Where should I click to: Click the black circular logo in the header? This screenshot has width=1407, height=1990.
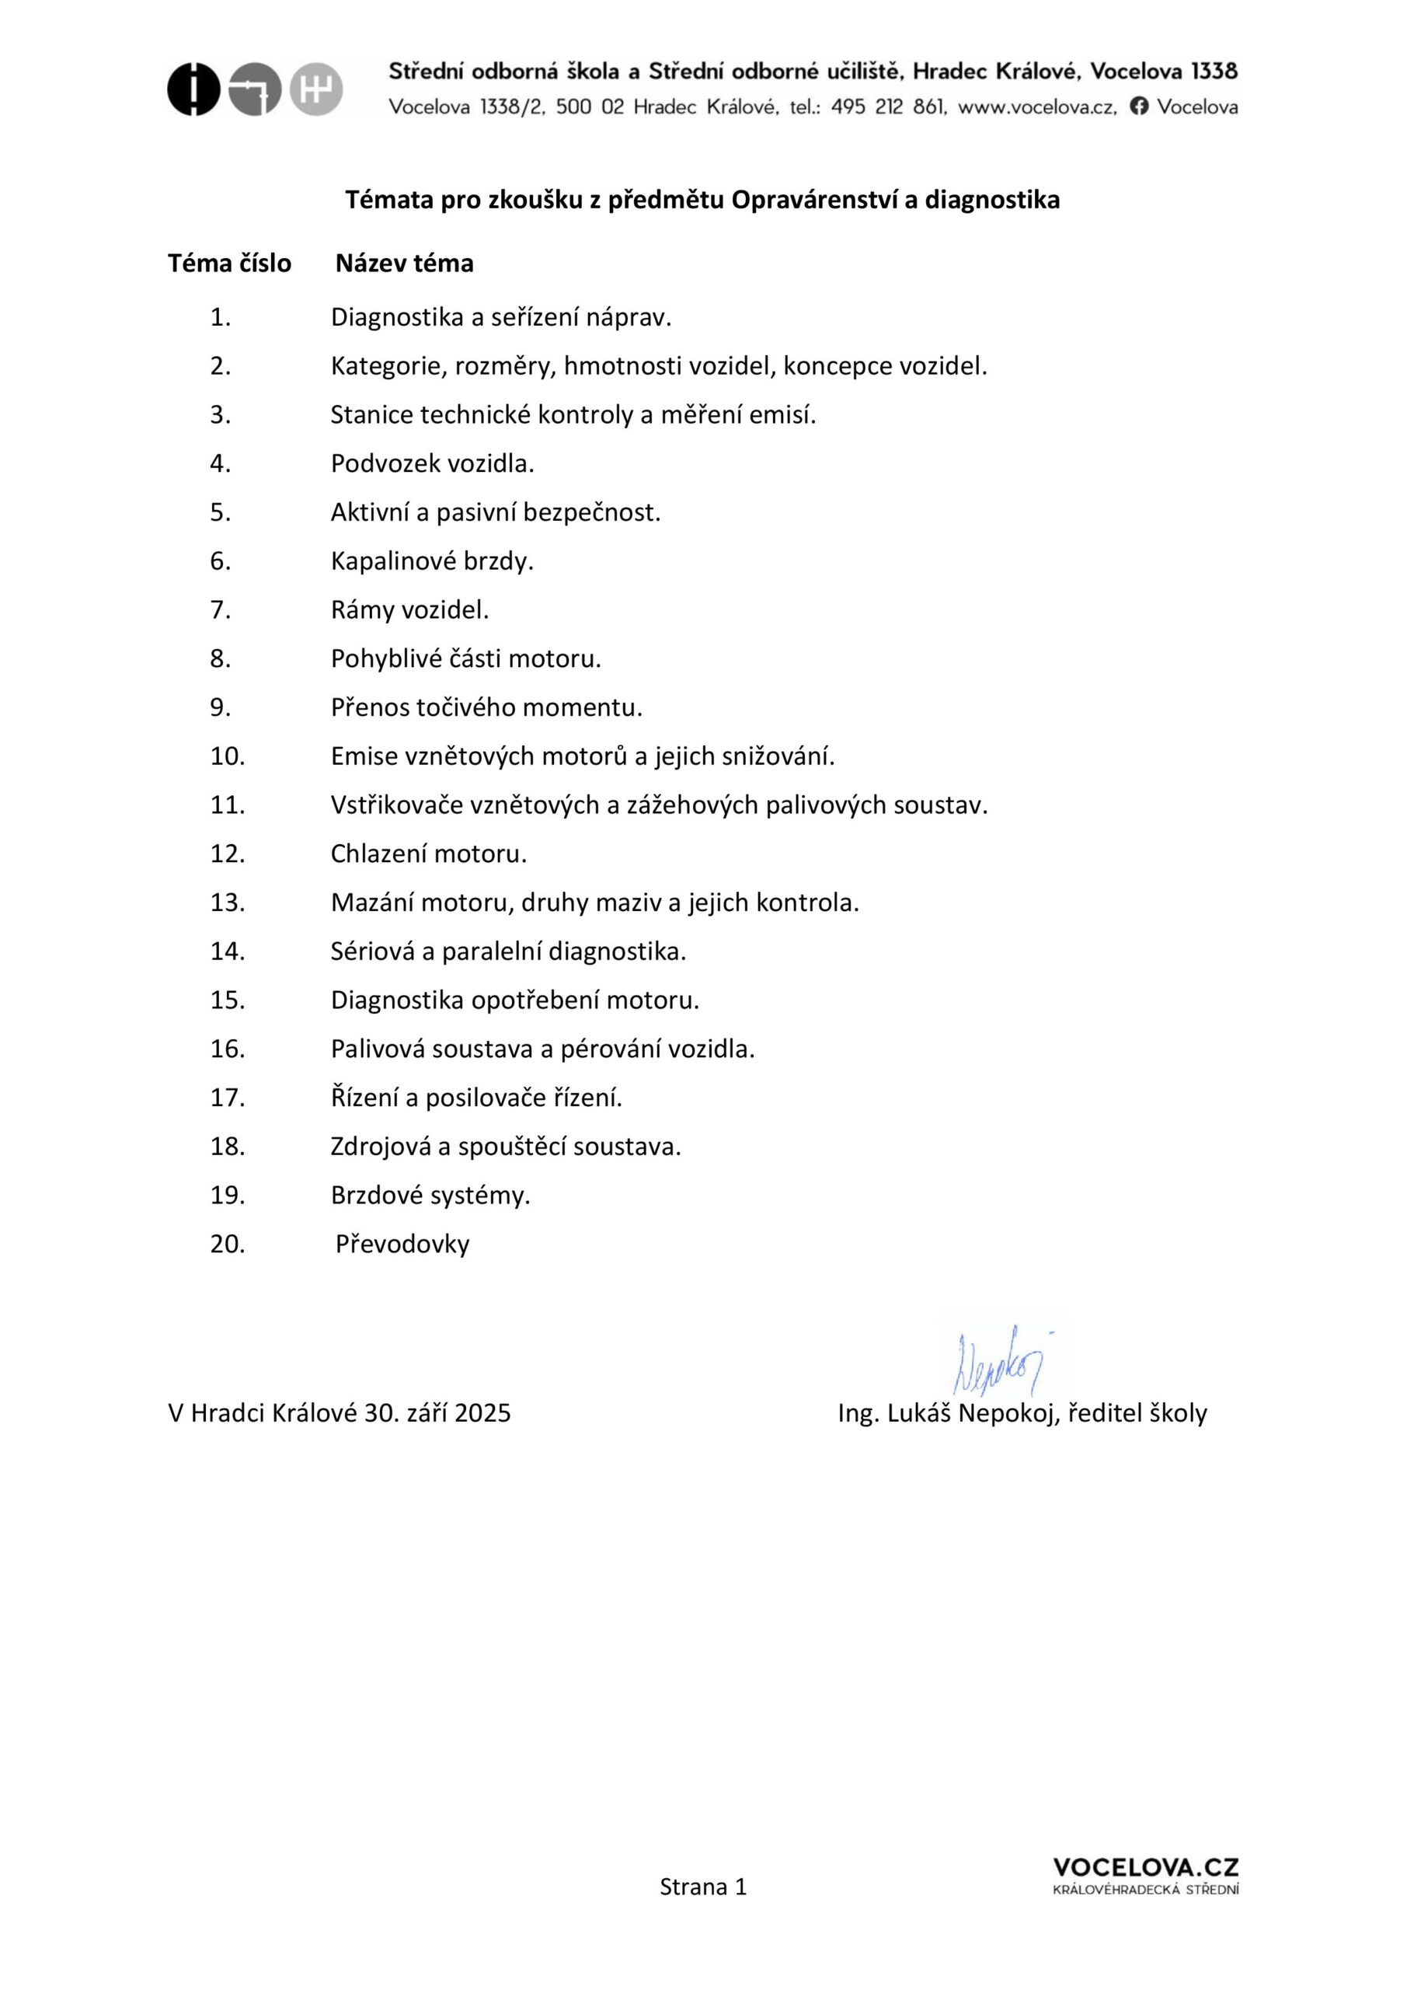(x=193, y=89)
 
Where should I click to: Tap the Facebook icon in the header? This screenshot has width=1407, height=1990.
(x=1139, y=106)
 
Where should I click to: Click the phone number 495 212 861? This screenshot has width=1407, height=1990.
(x=887, y=106)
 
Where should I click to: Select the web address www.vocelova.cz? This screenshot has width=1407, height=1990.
(x=1036, y=106)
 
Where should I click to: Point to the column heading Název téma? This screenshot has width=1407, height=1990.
(x=405, y=264)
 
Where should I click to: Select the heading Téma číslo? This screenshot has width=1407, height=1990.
(x=230, y=264)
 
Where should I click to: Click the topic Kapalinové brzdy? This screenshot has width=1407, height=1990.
(x=431, y=562)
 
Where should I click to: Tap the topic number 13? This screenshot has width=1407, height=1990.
(x=228, y=903)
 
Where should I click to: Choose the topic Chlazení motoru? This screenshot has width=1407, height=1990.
(x=429, y=854)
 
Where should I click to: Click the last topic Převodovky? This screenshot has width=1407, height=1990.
(x=403, y=1245)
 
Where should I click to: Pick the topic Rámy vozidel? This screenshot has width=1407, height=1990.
(x=409, y=610)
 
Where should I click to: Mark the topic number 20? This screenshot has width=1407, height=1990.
(x=228, y=1245)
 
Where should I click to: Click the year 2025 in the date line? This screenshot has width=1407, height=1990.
(x=482, y=1414)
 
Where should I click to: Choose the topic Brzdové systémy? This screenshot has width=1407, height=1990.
(x=430, y=1196)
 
